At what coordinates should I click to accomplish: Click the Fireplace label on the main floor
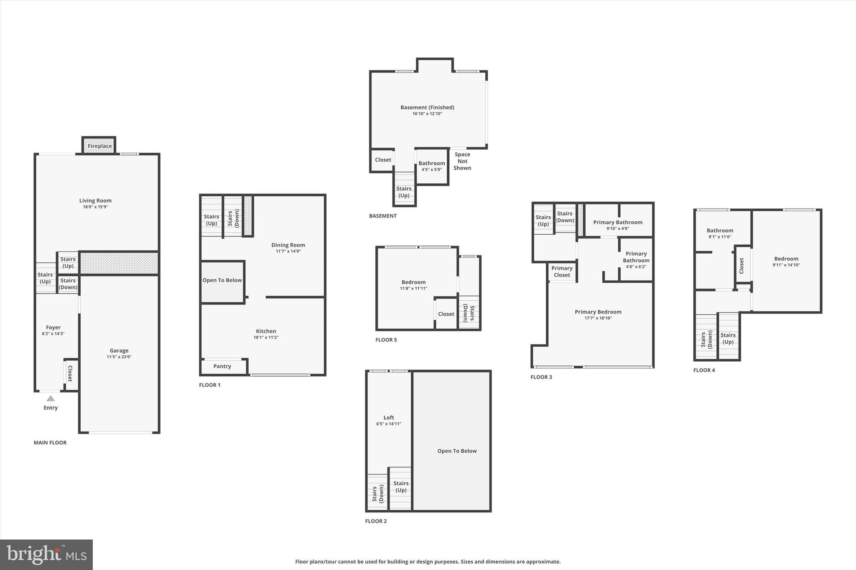(x=99, y=146)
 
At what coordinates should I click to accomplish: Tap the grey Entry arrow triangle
(x=51, y=398)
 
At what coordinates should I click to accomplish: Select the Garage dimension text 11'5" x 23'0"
(x=119, y=357)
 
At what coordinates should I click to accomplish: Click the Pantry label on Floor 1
(x=222, y=366)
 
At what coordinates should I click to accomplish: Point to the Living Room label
(x=95, y=200)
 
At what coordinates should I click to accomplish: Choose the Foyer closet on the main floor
(x=70, y=374)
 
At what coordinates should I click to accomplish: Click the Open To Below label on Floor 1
(x=222, y=280)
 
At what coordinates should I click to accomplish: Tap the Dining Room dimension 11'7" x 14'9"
(x=288, y=251)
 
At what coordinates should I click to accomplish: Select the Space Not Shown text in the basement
(x=462, y=161)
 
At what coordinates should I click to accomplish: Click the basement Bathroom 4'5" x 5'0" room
(x=432, y=166)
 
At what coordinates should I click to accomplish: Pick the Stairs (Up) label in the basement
(x=404, y=192)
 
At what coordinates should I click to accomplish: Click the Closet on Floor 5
(x=446, y=314)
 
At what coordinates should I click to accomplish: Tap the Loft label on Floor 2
(x=389, y=418)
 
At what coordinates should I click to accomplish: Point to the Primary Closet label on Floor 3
(x=562, y=271)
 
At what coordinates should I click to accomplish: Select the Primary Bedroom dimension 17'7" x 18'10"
(x=598, y=318)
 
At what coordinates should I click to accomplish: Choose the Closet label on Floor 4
(x=742, y=266)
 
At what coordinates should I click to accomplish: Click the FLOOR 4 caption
(x=704, y=370)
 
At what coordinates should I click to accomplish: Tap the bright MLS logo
(x=46, y=555)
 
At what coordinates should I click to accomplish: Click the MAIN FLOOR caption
(x=50, y=443)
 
